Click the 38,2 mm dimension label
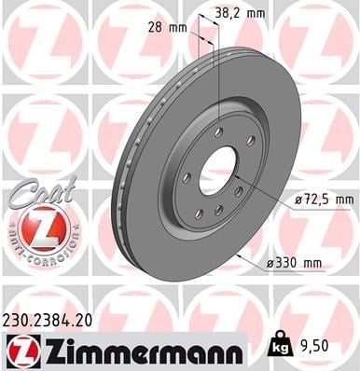tap(241, 13)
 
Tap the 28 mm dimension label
tap(168, 28)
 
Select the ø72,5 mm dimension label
tap(325, 199)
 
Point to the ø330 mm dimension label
tap(294, 264)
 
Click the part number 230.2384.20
tap(48, 321)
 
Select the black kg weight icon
tap(282, 344)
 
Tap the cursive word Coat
tap(44, 192)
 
